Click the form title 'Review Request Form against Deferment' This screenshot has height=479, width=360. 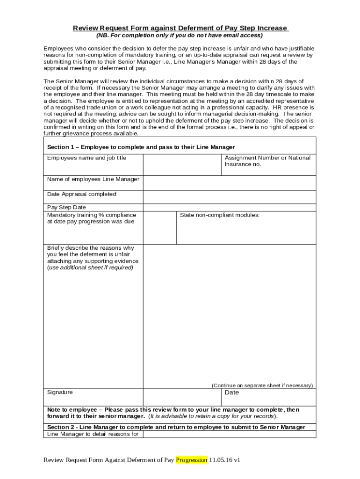[180, 28]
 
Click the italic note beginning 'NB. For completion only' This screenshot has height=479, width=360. [180, 36]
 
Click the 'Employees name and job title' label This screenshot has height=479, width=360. [86, 158]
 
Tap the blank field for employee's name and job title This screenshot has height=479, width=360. [182, 164]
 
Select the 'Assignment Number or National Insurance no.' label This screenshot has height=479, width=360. [267, 161]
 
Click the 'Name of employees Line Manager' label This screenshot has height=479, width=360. [93, 179]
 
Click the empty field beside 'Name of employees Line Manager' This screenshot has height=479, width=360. [229, 183]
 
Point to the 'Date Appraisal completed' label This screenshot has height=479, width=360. [82, 194]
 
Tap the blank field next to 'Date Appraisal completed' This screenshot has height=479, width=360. [229, 196]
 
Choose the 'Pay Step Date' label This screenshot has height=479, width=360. [66, 207]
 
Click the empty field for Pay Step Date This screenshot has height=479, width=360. [229, 208]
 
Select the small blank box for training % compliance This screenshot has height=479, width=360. [159, 228]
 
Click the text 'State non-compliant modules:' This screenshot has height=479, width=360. [220, 215]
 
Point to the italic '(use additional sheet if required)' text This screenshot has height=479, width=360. [90, 268]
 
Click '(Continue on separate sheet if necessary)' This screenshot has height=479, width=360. [262, 385]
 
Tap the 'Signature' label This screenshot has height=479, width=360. [60, 392]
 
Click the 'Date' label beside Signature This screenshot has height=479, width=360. [232, 393]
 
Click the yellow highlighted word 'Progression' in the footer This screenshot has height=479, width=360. [191, 460]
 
